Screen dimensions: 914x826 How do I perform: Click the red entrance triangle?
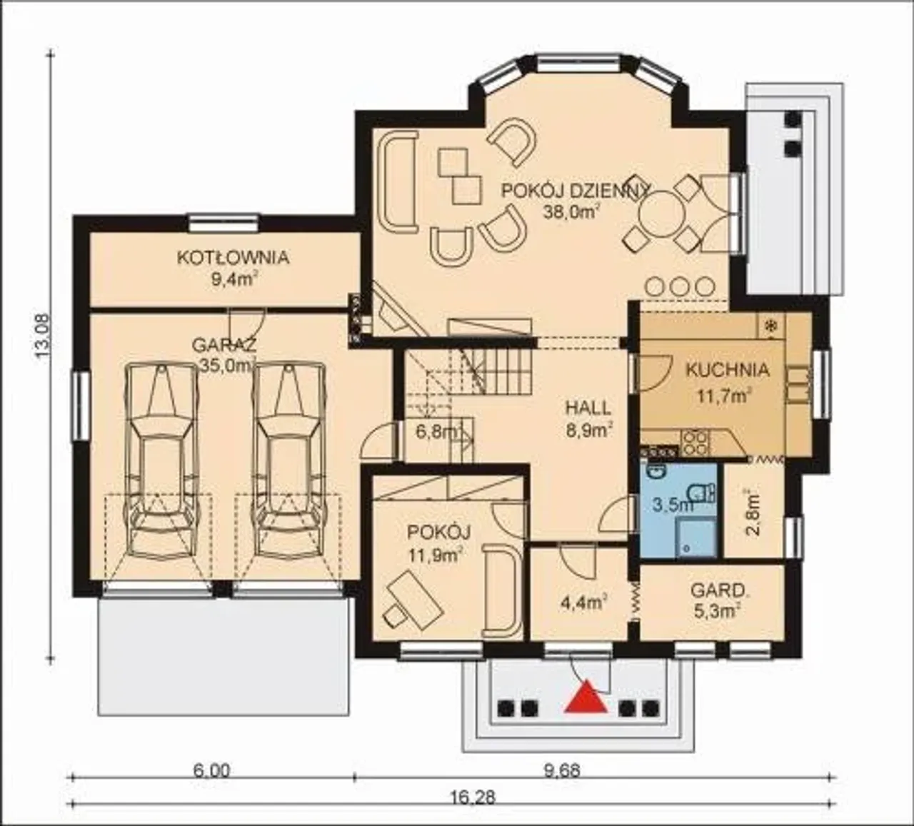pos(586,697)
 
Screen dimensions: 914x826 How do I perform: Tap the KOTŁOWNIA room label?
pos(233,258)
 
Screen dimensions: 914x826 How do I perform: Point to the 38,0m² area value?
pos(571,212)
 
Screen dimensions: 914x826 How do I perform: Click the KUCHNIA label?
pos(728,370)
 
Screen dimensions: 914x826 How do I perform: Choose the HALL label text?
pos(588,408)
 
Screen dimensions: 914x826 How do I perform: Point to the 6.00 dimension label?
pos(212,771)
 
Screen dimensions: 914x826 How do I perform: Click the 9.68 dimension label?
pos(562,771)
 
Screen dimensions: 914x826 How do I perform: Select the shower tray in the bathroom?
pos(695,538)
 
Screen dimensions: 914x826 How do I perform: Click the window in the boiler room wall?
pos(224,222)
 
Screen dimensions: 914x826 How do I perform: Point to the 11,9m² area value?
pos(436,557)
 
